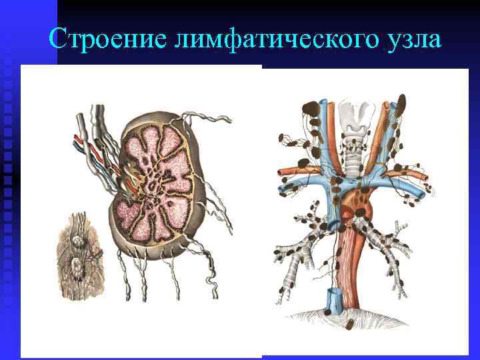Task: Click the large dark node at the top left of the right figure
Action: (x=309, y=106)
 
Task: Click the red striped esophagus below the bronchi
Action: (x=347, y=267)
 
